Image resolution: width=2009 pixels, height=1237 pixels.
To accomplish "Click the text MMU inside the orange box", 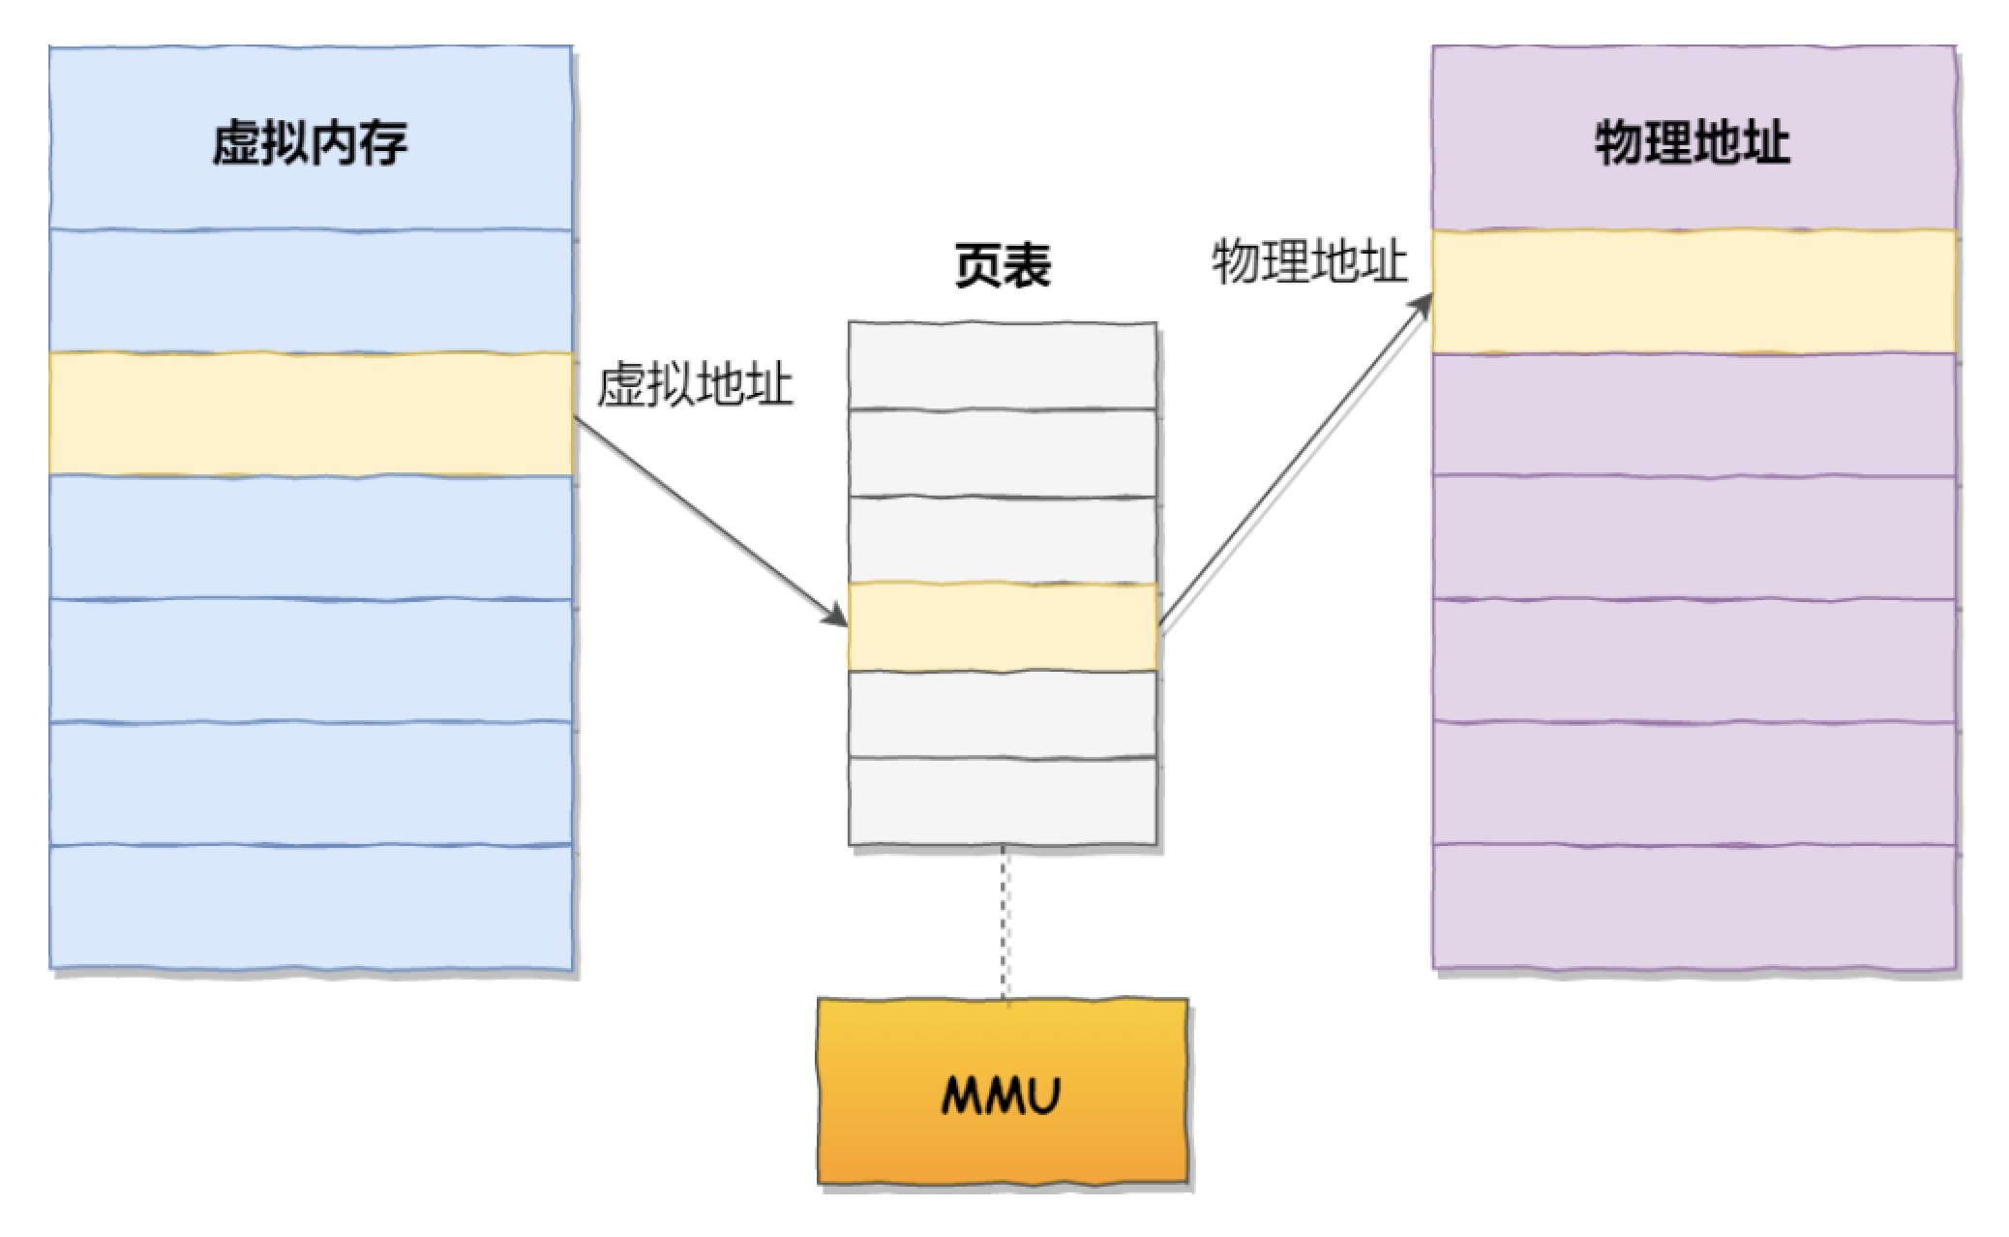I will click(1002, 1096).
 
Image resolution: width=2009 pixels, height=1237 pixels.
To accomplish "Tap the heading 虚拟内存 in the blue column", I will click(310, 143).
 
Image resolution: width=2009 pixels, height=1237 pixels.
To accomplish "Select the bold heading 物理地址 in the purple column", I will click(1693, 143).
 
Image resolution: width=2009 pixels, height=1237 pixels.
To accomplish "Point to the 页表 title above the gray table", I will click(1003, 264).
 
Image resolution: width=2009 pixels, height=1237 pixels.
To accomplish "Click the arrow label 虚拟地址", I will click(695, 385).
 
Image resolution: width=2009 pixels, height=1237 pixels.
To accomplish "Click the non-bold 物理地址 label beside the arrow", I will click(1308, 261).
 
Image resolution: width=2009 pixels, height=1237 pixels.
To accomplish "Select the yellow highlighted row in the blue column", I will click(310, 414).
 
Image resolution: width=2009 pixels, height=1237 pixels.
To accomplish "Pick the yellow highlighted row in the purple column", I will click(1693, 291).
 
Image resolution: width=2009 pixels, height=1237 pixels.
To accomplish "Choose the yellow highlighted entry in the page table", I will click(1003, 626).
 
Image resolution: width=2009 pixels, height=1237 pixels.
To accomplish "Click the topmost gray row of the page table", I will click(1003, 366).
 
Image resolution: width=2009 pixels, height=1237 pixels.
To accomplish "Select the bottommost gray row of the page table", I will click(1003, 801).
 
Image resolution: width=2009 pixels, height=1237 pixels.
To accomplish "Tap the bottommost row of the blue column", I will click(310, 907).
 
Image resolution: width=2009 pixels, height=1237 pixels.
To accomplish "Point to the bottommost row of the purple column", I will click(1693, 907).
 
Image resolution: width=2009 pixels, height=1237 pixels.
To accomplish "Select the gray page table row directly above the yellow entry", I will click(1003, 540).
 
